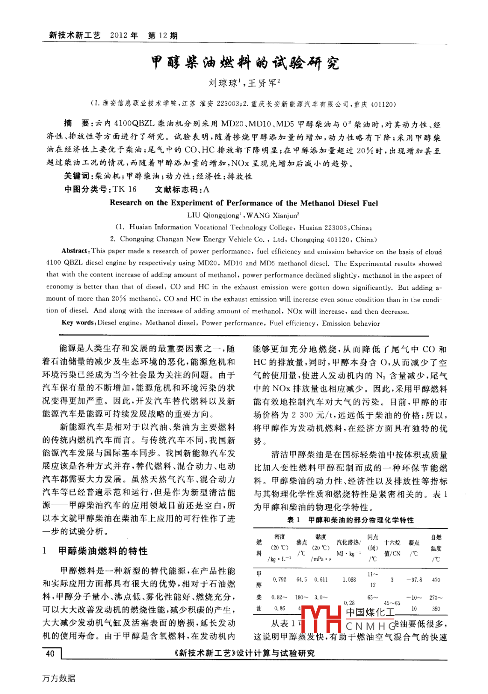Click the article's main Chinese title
244,62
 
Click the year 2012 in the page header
119,35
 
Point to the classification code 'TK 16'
124,189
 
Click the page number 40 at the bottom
50,653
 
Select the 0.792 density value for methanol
279,580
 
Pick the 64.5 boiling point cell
301,580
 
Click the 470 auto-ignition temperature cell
436,580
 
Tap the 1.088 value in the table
349,580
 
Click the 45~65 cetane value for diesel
392,603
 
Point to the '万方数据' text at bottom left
58,678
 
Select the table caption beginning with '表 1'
350,520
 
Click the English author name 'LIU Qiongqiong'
214,215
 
